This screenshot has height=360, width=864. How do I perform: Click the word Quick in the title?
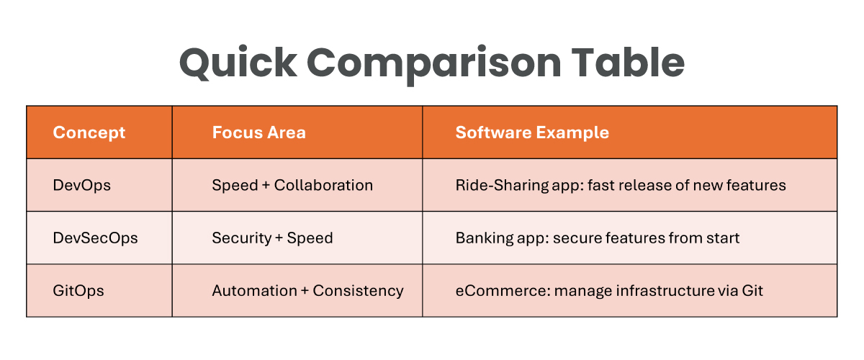[238, 63]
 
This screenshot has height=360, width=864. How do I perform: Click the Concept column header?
[89, 133]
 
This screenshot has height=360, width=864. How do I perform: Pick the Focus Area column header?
[258, 132]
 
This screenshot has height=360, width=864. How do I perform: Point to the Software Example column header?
[532, 132]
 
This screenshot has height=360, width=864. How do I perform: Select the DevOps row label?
[82, 186]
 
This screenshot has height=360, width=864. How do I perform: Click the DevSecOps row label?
[95, 238]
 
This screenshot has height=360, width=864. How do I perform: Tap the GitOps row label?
[78, 291]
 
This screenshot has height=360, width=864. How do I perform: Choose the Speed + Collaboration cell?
[292, 186]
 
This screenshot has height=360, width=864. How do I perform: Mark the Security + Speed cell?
[272, 238]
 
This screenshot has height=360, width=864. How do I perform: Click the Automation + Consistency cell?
[308, 291]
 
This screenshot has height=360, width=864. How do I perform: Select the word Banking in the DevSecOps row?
[485, 238]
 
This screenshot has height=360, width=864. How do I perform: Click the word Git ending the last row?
[752, 291]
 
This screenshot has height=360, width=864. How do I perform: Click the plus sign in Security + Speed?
[279, 238]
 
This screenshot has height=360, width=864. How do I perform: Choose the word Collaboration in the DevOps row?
[323, 186]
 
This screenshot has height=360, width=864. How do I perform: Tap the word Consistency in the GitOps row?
[358, 291]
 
